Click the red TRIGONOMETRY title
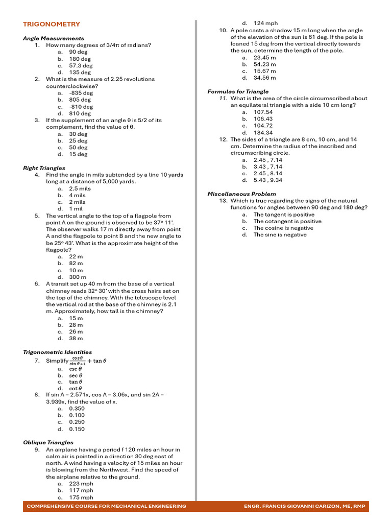(x=52, y=24)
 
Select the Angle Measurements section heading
(x=54, y=38)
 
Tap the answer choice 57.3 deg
(x=81, y=65)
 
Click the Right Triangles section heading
(x=44, y=168)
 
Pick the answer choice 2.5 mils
(x=80, y=188)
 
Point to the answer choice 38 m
(x=76, y=338)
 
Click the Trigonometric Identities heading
(x=57, y=352)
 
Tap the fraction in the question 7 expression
(x=78, y=361)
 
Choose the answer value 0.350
(x=77, y=409)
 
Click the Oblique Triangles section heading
(x=48, y=442)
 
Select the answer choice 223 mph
(x=81, y=483)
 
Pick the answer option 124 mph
(x=265, y=23)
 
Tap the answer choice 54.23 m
(x=264, y=64)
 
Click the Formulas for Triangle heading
(x=238, y=91)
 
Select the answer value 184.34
(x=263, y=133)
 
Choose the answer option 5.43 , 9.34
(x=267, y=180)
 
